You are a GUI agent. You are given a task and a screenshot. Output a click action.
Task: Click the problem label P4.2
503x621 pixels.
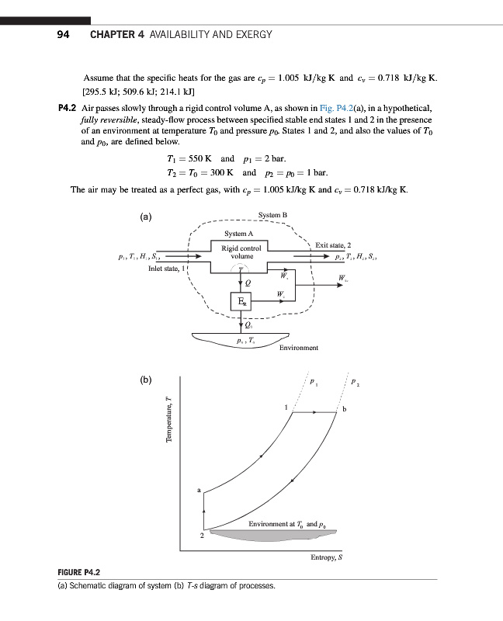(x=69, y=108)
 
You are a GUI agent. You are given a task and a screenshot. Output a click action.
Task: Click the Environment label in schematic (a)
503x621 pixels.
(x=299, y=348)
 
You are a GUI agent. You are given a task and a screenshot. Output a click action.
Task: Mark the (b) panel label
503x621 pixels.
(x=145, y=380)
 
